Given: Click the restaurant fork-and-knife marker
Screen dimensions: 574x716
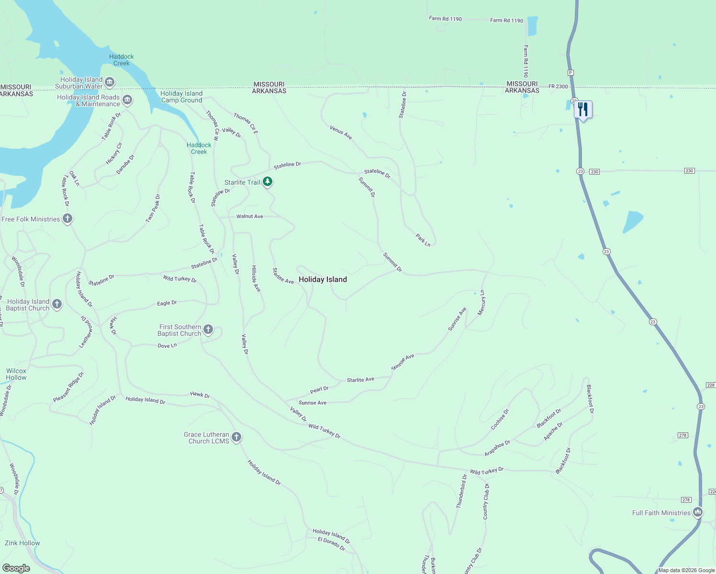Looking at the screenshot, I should point(583,110).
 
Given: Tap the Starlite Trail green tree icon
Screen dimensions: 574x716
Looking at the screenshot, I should point(268,182).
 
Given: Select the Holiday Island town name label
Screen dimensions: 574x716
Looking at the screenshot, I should point(323,279).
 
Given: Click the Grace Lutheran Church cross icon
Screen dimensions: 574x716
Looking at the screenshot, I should point(236,437).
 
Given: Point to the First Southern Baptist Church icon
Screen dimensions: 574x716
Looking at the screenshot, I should point(208,329).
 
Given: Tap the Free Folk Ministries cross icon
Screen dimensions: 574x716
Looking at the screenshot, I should point(67,219).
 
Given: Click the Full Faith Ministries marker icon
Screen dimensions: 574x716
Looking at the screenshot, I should point(697,512).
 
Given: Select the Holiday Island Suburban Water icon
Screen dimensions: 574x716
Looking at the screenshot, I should point(110,82).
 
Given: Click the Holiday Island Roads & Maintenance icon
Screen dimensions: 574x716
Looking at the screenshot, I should point(127,100).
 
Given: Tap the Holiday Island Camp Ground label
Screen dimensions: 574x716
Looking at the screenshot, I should point(181,97).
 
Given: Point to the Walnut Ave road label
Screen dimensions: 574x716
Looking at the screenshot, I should point(249,216).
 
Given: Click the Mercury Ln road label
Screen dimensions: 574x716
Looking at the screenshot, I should point(481,303).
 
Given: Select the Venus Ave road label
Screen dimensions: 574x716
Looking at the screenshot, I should point(341,132).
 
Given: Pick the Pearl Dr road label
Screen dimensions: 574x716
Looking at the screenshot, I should point(319,390).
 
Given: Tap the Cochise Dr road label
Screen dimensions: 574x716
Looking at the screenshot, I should point(500,419).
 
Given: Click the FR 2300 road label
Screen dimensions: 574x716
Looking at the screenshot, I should point(558,87).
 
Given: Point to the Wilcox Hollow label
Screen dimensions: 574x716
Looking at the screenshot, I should point(16,374).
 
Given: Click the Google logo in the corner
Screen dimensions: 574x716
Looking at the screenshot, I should point(16,568).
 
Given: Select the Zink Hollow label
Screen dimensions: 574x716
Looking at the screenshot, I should point(22,543).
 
